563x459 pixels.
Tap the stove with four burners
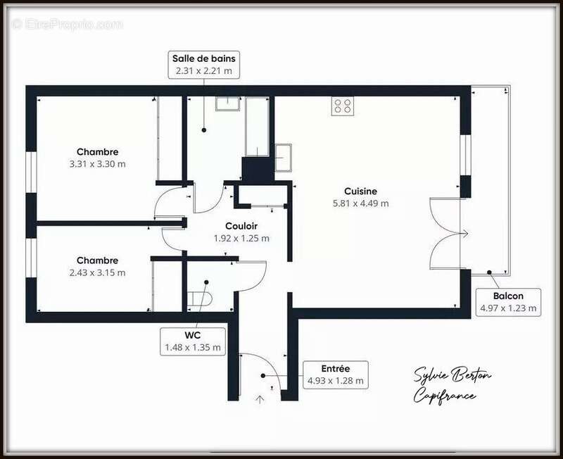343,106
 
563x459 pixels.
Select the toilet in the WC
201,298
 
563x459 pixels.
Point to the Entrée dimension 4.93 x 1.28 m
335,381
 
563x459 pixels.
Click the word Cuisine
360,191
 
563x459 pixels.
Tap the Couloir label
241,226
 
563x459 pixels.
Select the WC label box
192,341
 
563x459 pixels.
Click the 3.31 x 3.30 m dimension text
97,164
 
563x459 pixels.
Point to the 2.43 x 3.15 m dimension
97,272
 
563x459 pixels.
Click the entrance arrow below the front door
260,400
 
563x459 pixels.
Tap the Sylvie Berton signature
452,375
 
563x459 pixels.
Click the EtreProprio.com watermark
67,24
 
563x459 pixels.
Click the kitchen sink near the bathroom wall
284,157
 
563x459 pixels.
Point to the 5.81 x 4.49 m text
360,203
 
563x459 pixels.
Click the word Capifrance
444,396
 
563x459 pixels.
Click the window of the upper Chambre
30,171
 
